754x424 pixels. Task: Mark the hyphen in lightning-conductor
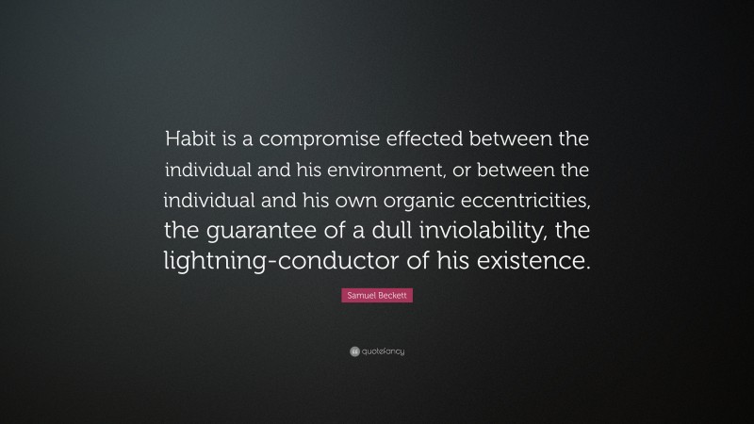click(x=270, y=262)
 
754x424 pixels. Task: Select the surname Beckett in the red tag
click(x=394, y=296)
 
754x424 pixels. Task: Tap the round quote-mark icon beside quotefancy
click(x=354, y=351)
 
